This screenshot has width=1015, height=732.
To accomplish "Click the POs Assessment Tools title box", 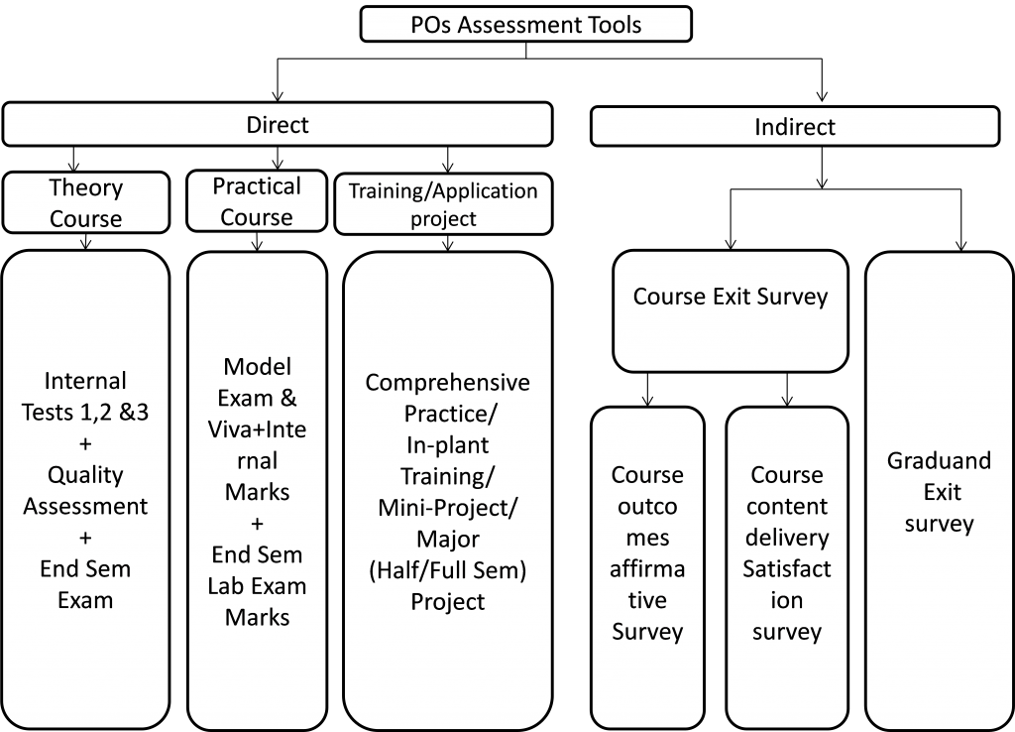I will tap(525, 25).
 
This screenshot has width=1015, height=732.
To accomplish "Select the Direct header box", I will tap(278, 125).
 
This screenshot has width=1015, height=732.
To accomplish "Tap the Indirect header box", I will tap(794, 127).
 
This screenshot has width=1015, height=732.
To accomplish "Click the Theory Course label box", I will tap(86, 203).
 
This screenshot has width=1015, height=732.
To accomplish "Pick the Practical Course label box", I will tap(257, 201).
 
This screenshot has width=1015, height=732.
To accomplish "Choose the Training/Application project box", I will tap(443, 204).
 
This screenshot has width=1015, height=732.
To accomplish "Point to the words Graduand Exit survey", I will tap(939, 492).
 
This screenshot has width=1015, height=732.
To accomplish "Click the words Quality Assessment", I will tap(86, 491).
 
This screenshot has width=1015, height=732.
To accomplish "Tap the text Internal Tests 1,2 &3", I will tap(86, 397).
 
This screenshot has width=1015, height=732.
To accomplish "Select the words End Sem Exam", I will tap(86, 584).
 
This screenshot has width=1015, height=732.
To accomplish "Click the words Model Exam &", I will tap(257, 383).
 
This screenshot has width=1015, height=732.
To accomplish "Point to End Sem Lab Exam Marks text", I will tap(257, 585).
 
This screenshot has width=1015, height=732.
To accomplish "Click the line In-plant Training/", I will tap(446, 461).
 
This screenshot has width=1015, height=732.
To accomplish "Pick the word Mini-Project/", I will tap(448, 509).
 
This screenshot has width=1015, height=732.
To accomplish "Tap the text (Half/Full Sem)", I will tap(448, 570).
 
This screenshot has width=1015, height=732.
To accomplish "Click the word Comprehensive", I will tap(448, 383).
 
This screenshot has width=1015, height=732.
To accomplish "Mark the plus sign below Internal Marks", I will tap(258, 523).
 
